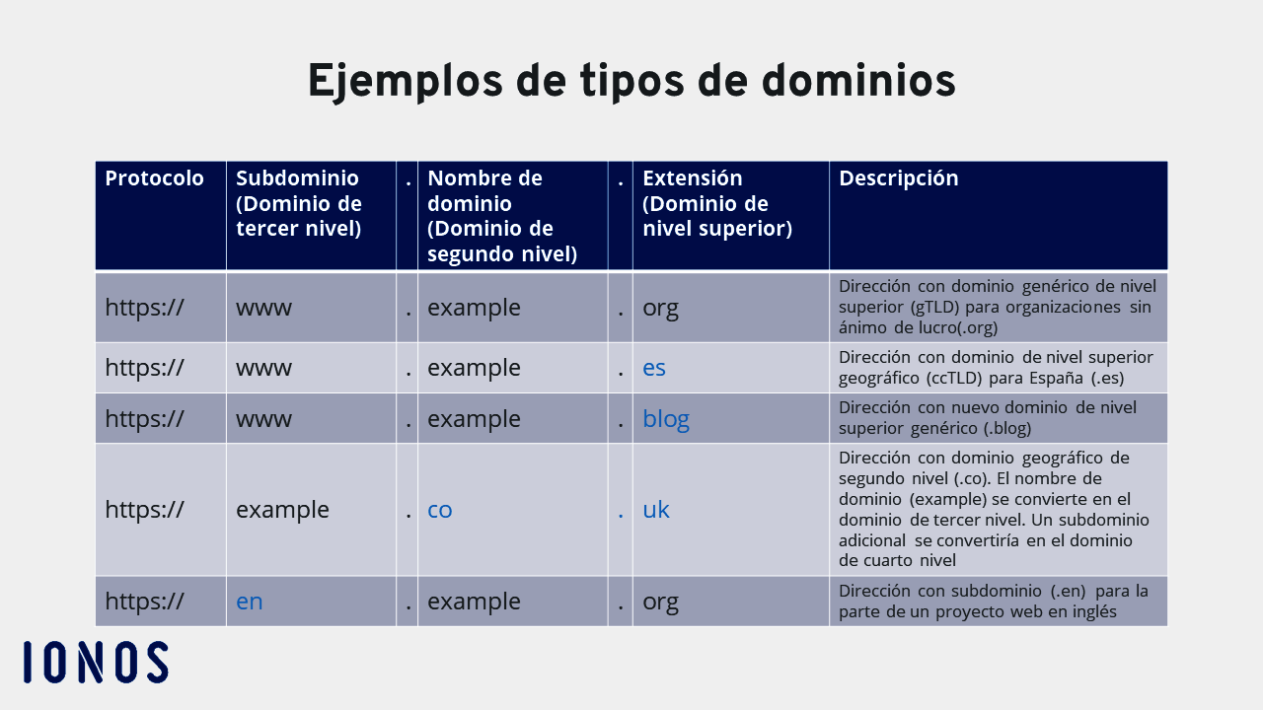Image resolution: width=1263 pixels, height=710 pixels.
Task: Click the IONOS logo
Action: (96, 663)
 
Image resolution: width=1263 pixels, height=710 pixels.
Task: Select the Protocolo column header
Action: (155, 178)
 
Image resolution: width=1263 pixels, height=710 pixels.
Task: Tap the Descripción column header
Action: (899, 178)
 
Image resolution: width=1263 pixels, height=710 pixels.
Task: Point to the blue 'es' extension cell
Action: (654, 368)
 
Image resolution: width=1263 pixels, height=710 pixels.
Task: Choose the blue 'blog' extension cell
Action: (666, 419)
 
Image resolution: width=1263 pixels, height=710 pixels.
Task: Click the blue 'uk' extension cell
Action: (656, 510)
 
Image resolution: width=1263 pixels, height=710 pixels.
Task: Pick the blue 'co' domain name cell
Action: (440, 510)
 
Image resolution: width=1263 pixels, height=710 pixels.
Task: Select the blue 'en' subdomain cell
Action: (250, 601)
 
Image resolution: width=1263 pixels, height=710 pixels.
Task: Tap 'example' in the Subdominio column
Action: (282, 510)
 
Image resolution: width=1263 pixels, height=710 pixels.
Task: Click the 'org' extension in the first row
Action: (660, 308)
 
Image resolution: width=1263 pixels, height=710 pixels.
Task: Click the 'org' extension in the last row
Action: (660, 601)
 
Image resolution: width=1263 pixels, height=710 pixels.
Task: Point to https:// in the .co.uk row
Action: (144, 510)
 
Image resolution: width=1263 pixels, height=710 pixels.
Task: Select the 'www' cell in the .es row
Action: (263, 368)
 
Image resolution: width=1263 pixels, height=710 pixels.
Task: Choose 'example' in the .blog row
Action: (474, 419)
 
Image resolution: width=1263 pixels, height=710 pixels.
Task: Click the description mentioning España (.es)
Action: (996, 368)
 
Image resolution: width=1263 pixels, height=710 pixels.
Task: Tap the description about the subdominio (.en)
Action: (994, 601)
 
